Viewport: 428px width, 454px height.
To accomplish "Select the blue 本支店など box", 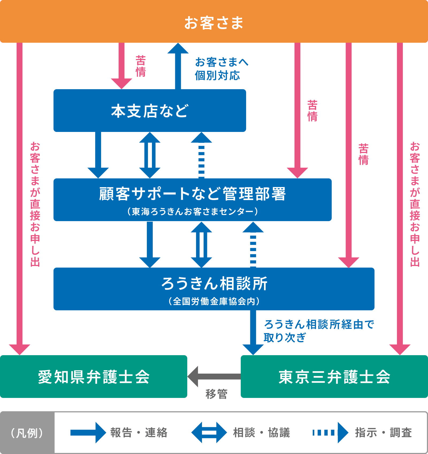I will [150, 111].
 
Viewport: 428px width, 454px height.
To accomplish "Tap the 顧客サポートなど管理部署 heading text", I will [192, 194].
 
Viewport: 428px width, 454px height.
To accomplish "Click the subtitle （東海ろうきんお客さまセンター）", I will [192, 212].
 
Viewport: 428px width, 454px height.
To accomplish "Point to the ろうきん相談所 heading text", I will [214, 283].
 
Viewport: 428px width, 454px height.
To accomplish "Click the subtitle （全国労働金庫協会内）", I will [214, 301].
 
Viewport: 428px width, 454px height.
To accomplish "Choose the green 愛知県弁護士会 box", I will [94, 377].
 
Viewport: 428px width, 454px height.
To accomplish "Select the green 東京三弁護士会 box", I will [334, 377].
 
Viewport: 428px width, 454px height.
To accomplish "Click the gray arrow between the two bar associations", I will [214, 377].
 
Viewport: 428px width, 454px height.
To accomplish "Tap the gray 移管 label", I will [217, 394].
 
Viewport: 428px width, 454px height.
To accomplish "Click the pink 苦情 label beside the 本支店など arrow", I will [141, 66].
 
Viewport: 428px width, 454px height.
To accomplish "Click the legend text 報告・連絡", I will [139, 433].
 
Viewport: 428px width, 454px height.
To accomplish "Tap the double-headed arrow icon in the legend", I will [209, 433].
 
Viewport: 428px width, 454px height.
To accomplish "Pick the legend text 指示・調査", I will [383, 433].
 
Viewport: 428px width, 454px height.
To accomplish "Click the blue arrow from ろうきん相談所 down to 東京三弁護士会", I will [253, 332].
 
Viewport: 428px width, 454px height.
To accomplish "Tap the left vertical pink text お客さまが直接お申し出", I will [35, 204].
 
